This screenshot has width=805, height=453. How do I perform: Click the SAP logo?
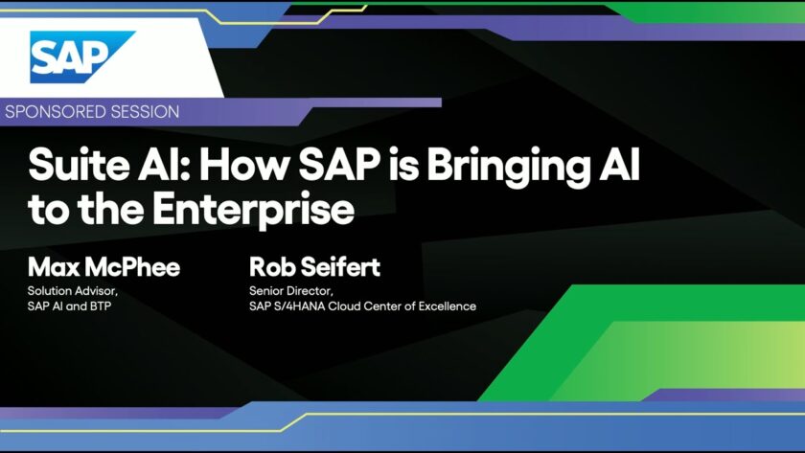click(82, 57)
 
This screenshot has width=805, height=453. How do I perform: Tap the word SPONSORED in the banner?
click(55, 112)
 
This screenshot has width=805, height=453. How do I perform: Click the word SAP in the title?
click(339, 164)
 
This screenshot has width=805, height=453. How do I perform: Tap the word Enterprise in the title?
click(254, 211)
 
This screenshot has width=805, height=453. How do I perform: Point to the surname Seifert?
click(340, 267)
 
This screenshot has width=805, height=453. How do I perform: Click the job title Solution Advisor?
click(73, 291)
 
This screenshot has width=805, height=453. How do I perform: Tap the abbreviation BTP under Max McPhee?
click(102, 306)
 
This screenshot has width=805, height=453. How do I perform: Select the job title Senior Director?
click(291, 291)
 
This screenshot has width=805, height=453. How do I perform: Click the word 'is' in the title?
click(403, 164)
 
